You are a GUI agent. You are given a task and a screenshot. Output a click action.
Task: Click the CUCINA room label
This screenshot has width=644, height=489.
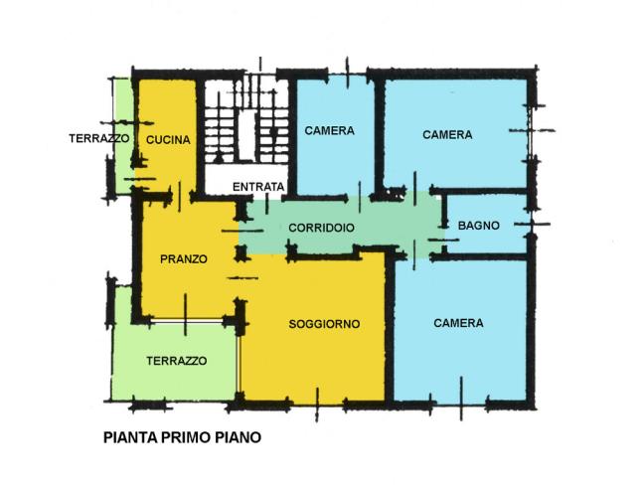click(168, 139)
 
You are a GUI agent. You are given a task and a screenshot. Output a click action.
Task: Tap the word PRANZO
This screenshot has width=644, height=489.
click(183, 259)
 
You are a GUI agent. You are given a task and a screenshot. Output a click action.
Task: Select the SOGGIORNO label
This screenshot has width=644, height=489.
click(324, 324)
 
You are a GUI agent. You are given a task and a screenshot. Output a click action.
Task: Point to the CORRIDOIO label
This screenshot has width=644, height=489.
click(321, 228)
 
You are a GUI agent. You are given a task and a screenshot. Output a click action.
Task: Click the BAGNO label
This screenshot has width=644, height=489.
click(478, 225)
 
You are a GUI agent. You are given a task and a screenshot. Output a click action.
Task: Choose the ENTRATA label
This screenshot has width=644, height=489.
click(258, 187)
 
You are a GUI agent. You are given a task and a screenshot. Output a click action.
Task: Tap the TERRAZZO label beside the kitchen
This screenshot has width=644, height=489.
click(99, 138)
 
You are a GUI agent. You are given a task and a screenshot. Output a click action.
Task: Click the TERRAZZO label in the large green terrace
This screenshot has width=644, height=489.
click(177, 361)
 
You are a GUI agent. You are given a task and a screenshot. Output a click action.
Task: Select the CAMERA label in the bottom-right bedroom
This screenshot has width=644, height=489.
click(458, 323)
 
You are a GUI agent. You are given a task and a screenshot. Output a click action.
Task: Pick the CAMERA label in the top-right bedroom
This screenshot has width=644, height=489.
click(447, 134)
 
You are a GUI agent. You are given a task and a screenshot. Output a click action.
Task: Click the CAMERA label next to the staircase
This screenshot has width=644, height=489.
click(329, 130)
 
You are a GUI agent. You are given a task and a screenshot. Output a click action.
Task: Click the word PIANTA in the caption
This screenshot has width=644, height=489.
click(130, 437)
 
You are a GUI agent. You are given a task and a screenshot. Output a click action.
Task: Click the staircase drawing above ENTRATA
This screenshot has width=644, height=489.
click(246, 120)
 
